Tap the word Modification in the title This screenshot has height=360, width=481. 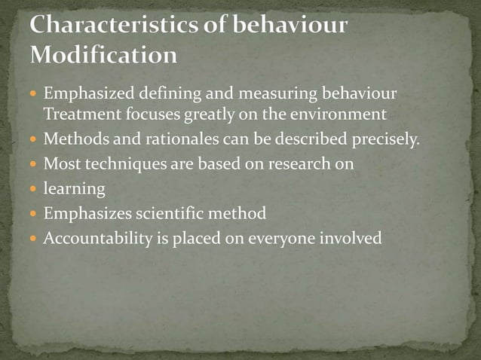(105, 54)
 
